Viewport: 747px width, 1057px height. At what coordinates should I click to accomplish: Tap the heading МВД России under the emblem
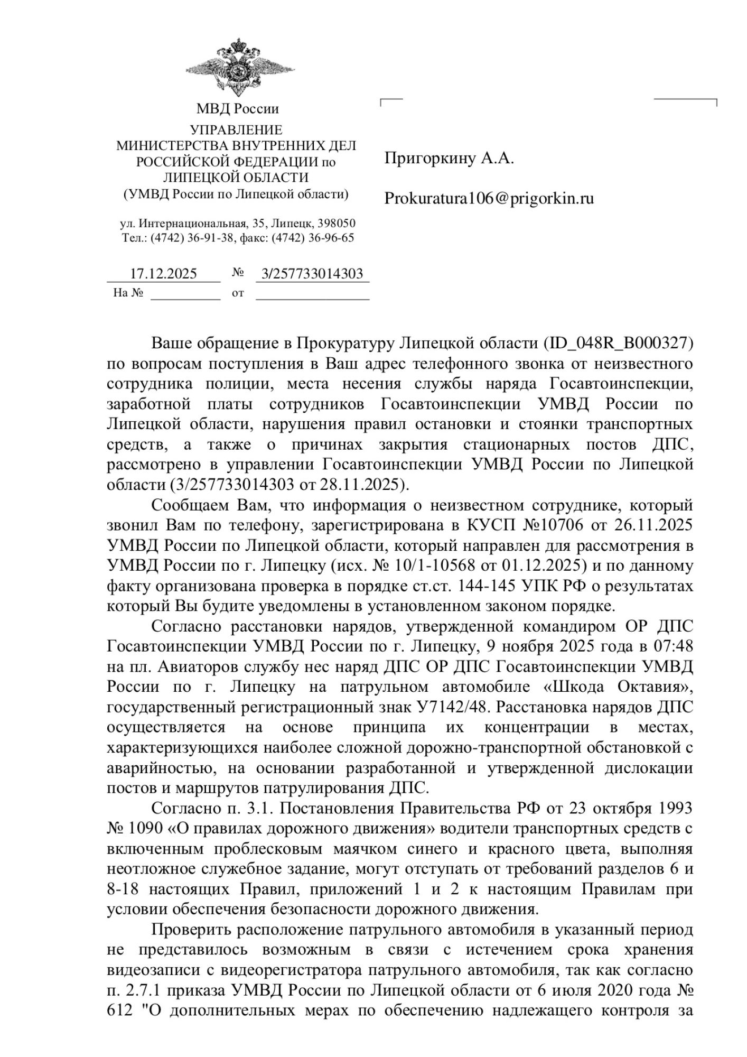click(x=237, y=109)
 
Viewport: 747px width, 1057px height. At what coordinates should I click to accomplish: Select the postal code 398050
click(x=337, y=224)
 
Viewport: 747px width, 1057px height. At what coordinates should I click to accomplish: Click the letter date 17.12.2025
click(x=163, y=274)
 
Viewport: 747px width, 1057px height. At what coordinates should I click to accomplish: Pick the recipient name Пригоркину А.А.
click(x=449, y=158)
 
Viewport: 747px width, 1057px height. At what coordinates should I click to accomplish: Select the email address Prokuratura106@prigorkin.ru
click(x=489, y=199)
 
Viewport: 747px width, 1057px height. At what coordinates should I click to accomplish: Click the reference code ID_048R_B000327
click(x=619, y=343)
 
